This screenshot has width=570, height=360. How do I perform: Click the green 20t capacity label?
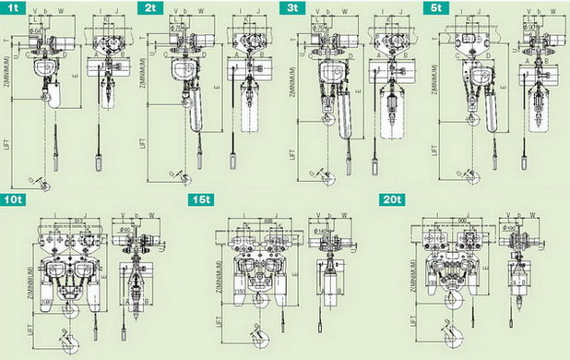coord(391,199)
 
